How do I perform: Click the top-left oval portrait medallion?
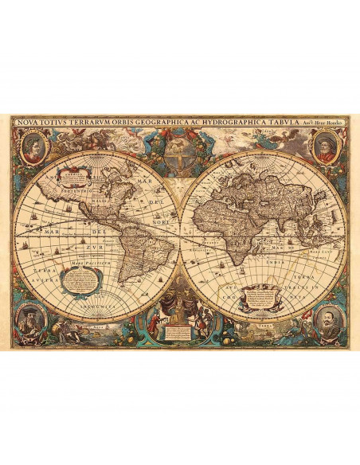pos(31,147)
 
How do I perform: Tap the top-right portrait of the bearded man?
pos(327,147)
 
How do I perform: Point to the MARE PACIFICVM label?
pos(83,262)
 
